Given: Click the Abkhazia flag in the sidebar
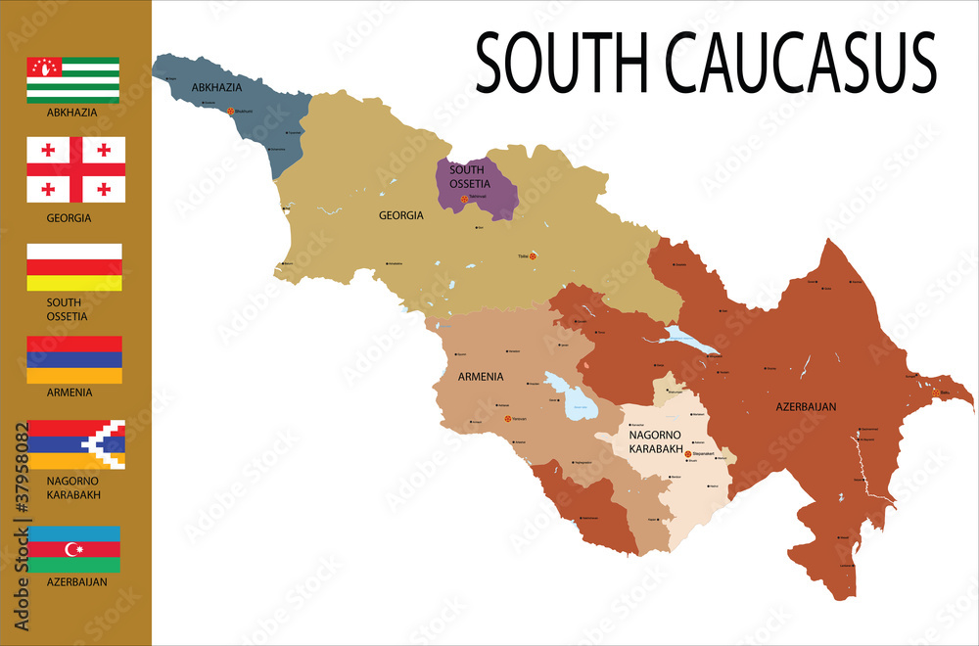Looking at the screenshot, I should (73, 79).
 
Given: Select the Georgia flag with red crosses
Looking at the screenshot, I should (75, 169).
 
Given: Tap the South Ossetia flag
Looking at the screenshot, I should (74, 267).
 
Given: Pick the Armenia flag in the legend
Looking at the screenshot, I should (74, 359).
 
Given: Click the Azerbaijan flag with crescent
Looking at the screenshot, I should (74, 549).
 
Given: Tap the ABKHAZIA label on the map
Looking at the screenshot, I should (216, 88).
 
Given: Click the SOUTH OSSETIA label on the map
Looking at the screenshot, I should (467, 176).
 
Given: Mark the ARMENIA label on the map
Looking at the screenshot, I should (481, 376).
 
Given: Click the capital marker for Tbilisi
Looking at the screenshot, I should (534, 256).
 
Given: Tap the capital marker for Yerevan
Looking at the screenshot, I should (507, 419).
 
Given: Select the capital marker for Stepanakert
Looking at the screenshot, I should (688, 454).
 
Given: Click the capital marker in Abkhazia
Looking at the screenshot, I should (231, 112).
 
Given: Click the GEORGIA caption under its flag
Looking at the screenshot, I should (69, 218).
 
